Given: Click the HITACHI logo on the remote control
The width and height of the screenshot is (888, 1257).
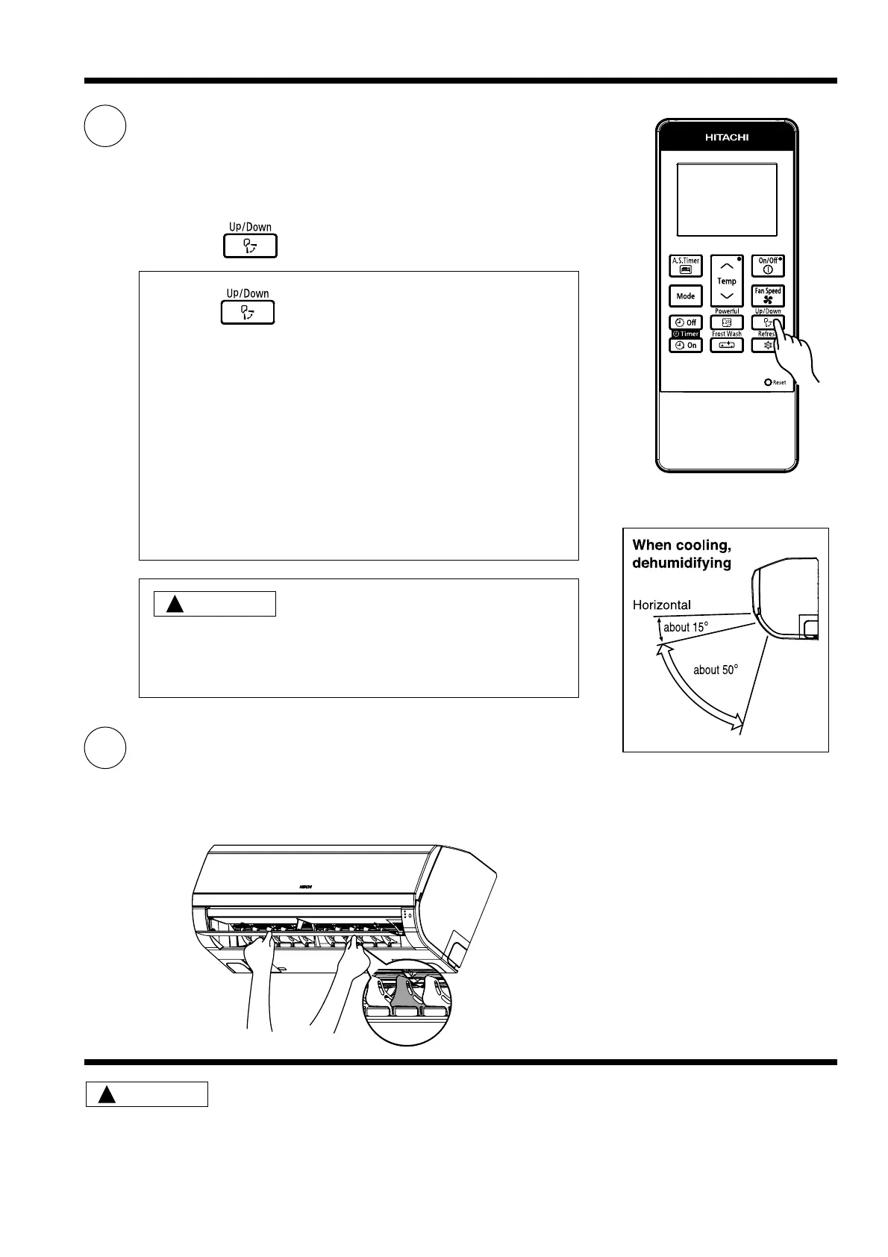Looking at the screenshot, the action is (727, 137).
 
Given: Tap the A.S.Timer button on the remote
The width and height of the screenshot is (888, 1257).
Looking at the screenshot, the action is (685, 266).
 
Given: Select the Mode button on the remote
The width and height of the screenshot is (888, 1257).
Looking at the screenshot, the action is (685, 296).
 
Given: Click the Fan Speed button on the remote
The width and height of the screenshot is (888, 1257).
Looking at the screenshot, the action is (767, 296).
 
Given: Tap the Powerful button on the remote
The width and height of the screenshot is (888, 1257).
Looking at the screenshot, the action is (726, 322).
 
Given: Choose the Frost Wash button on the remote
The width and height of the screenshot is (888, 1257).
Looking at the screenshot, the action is (726, 346).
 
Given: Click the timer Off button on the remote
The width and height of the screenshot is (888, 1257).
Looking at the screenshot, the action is (685, 322).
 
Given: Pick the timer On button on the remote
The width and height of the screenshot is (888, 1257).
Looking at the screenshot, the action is (685, 346).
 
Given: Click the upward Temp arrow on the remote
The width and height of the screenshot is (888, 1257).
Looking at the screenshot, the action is (726, 266).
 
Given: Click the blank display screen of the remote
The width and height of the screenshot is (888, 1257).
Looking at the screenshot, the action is (726, 200).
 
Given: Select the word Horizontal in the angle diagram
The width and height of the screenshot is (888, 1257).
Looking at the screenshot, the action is (661, 605).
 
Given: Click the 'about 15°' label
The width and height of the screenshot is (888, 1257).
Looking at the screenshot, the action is (685, 628).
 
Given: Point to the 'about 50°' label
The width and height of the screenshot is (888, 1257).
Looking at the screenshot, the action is (716, 670).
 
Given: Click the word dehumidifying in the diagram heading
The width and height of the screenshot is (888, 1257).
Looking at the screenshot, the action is (681, 563).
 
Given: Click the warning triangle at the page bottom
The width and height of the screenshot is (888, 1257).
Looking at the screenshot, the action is (107, 1095).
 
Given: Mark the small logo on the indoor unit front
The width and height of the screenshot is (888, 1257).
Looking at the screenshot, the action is (305, 886).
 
